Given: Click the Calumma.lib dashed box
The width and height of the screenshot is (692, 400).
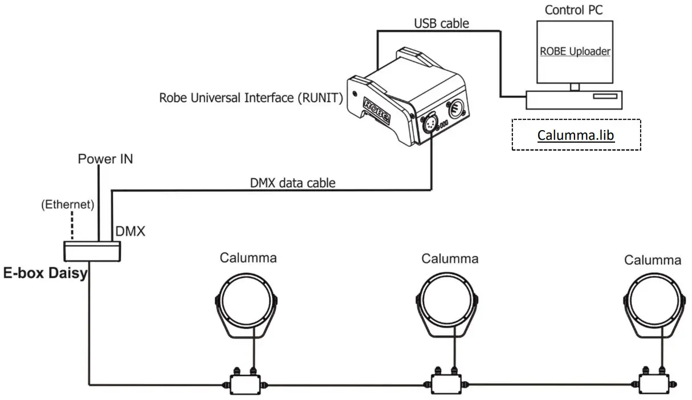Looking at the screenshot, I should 576,135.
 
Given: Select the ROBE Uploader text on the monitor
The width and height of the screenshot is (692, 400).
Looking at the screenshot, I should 575,51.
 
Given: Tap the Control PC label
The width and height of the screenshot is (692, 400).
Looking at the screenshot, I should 574,10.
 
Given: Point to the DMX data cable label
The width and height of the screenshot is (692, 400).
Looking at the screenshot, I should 293,183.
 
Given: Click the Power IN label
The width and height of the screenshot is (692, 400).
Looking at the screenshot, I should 105,159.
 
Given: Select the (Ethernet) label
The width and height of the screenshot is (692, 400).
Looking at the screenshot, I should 68,205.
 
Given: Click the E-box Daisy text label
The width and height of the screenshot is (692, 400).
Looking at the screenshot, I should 46,273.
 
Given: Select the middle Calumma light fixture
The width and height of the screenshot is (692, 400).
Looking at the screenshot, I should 449,304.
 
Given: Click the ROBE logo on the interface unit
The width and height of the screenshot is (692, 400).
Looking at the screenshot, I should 377,111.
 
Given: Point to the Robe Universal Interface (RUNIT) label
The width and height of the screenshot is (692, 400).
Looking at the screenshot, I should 251,97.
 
